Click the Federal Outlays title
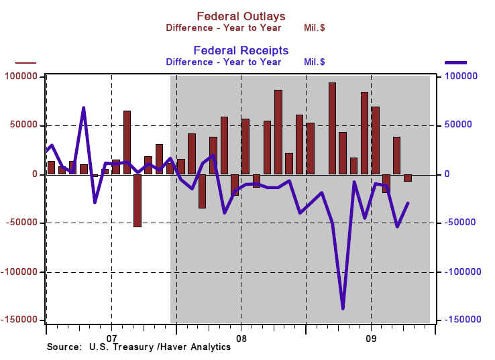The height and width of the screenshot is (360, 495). pyautogui.click(x=241, y=16)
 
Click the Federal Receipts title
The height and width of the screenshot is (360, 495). pyautogui.click(x=241, y=50)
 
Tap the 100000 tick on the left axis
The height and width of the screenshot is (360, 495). pyautogui.click(x=21, y=77)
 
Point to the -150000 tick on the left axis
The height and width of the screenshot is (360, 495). pyautogui.click(x=19, y=320)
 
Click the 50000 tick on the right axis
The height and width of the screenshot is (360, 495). pyautogui.click(x=458, y=125)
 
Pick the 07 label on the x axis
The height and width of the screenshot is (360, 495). pyautogui.click(x=111, y=338)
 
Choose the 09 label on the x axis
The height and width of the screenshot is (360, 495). pyautogui.click(x=371, y=338)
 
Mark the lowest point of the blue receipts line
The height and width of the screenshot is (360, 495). pyautogui.click(x=343, y=308)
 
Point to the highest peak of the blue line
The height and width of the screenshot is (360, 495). pyautogui.click(x=83, y=107)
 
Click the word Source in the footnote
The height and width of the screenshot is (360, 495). pyautogui.click(x=62, y=347)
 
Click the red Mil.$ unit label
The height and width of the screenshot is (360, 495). pyautogui.click(x=315, y=28)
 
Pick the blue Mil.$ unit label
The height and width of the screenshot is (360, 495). pyautogui.click(x=315, y=62)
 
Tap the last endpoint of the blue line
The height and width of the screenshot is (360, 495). pyautogui.click(x=408, y=203)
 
